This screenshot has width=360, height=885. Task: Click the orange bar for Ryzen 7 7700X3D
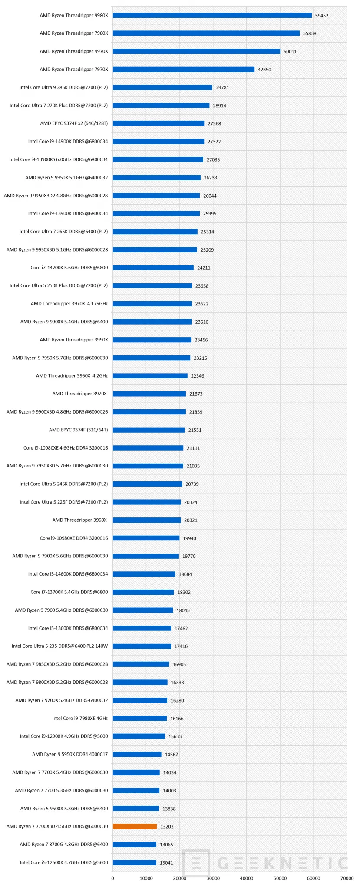pos(135,826)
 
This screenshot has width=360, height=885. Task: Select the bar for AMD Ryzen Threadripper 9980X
pos(212,15)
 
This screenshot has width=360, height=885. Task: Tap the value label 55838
pos(310,33)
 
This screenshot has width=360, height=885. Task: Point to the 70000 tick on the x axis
pos(347,878)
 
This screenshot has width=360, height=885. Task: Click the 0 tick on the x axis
pos(112,878)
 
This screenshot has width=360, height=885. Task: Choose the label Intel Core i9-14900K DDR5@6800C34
pos(68,141)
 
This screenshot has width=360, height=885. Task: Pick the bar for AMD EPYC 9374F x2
pos(159,123)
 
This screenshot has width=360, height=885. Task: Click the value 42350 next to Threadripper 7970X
pos(264,70)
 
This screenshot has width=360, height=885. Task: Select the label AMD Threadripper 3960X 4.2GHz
pos(72,375)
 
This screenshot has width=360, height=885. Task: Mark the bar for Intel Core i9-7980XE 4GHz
pos(140,718)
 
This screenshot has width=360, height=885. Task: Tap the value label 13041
pos(166,862)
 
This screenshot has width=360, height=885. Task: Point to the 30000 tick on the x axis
pos(213,878)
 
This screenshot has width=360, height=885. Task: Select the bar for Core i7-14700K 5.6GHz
pos(153,268)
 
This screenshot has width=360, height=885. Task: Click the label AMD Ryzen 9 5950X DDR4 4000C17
pos(70,754)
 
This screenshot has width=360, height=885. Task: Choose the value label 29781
pos(222,87)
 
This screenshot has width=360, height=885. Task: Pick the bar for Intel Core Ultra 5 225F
pos(147,502)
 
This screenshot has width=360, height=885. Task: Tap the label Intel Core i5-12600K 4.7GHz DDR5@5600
pos(64,862)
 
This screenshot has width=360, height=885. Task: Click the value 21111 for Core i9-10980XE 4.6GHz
pos(193,448)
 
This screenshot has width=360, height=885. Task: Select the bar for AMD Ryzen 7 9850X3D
pos(141,664)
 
